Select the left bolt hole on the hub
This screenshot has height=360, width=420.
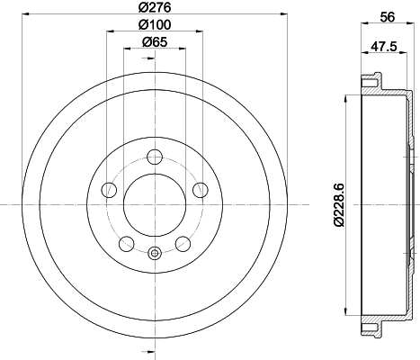point(110,189)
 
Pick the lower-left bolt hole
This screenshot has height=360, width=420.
point(127,242)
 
